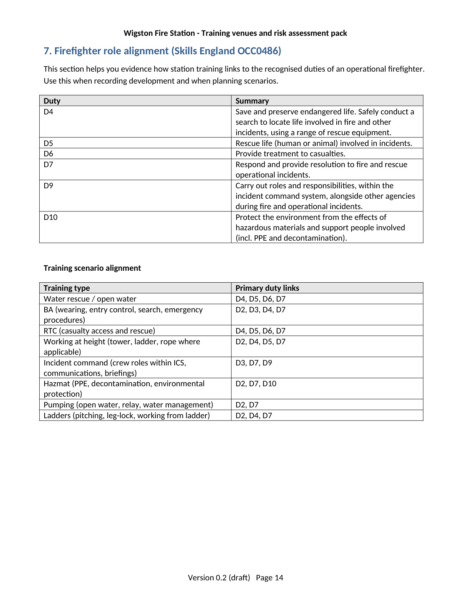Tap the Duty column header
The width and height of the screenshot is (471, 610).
point(52,101)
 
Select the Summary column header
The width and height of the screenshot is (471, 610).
point(252,101)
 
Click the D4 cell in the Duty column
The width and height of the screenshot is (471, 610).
point(48,112)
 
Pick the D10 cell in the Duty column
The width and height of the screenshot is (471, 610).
point(50,217)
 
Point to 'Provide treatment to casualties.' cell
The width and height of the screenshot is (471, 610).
point(290,154)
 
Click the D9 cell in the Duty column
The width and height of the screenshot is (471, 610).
point(48,186)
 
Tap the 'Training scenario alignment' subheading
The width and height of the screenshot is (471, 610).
point(92,268)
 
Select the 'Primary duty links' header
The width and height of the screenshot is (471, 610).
point(267,288)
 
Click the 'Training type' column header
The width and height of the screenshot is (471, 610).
point(67,288)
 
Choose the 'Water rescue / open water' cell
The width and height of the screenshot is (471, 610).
point(90,299)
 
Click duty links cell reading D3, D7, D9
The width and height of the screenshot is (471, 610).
point(254,363)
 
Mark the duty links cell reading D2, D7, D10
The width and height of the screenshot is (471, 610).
point(256,384)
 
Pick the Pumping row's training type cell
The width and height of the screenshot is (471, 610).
point(128,405)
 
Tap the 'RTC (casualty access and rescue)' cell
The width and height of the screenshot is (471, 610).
point(99,331)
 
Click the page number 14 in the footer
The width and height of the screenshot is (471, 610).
point(279,578)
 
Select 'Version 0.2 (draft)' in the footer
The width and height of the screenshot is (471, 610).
point(219,578)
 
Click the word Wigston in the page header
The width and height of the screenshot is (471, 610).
point(138,33)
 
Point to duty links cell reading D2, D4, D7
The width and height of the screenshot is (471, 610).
point(254,416)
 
